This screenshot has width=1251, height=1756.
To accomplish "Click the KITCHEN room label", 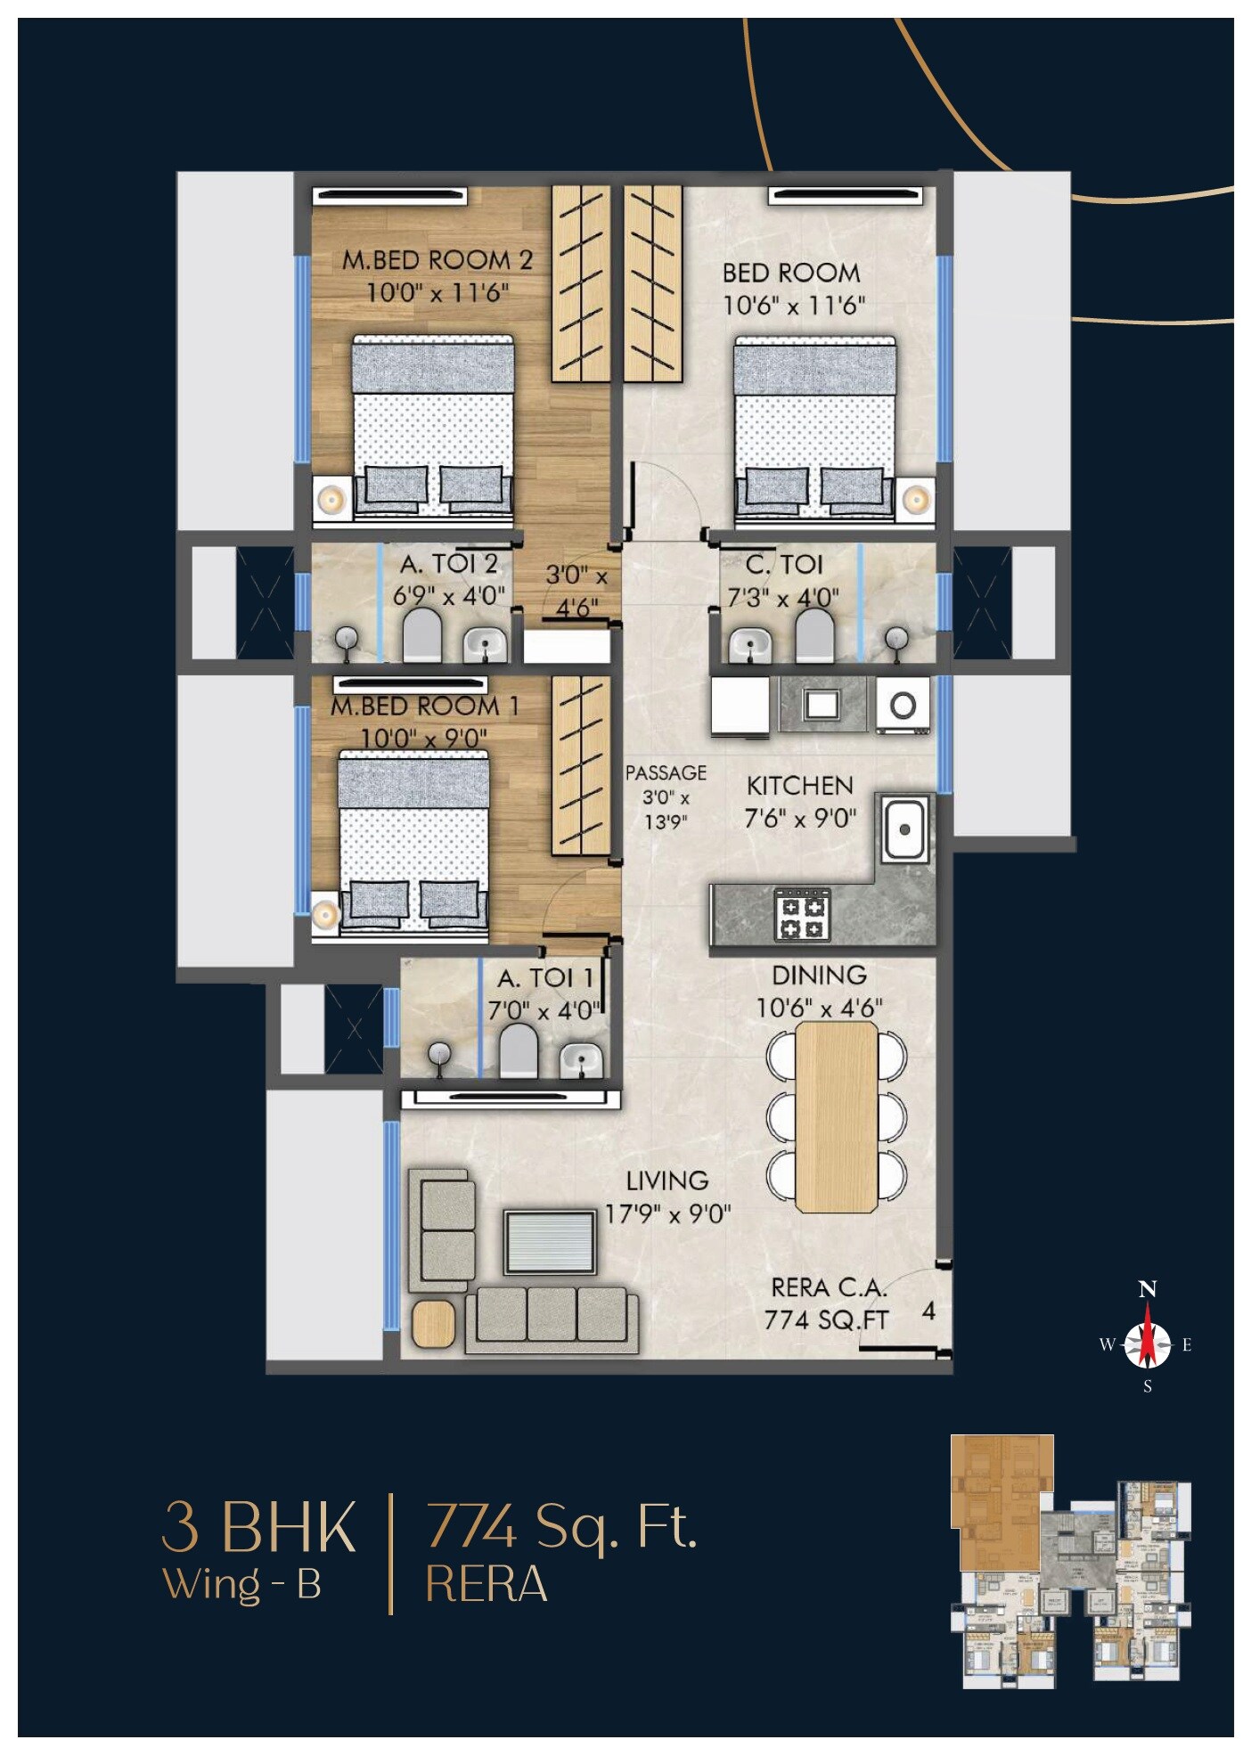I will [799, 786].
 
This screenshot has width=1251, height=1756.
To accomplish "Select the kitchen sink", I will [904, 829].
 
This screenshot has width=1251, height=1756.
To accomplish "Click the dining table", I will [836, 1117].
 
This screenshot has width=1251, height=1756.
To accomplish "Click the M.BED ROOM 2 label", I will [437, 261].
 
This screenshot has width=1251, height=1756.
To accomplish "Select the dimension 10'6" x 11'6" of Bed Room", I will [793, 306].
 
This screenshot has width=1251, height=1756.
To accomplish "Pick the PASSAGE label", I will [666, 773].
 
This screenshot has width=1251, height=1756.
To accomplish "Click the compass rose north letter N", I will [1148, 1289].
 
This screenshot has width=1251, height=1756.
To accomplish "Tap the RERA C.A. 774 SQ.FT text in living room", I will [827, 1303].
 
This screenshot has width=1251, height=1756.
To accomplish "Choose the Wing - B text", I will [241, 1583].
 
